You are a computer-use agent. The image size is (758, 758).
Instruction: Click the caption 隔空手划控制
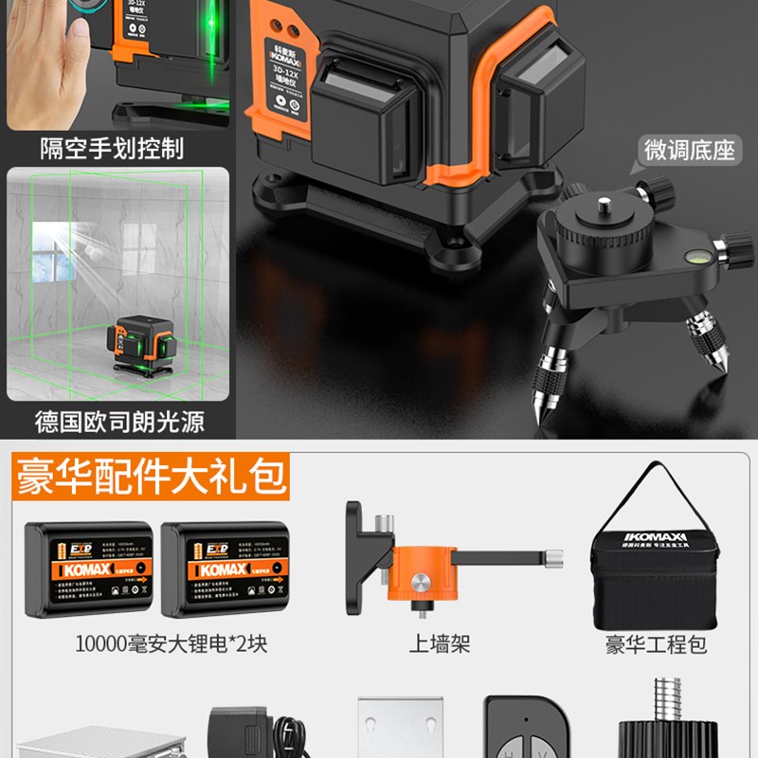(111, 148)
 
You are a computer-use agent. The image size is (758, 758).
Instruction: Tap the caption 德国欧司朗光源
(119, 421)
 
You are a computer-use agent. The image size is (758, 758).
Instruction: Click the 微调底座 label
(689, 150)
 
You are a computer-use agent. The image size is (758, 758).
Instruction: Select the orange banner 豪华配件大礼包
(150, 477)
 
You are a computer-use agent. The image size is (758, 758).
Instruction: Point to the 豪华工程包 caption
(657, 645)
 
